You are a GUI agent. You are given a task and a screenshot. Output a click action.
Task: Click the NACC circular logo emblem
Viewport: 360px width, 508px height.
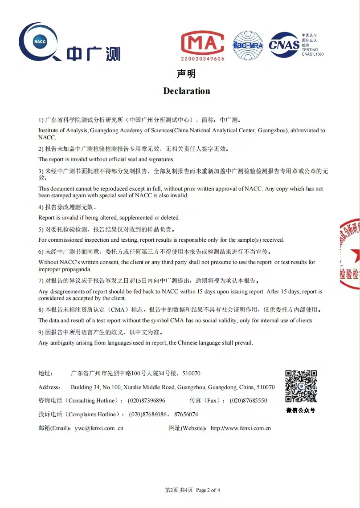coord(38,42)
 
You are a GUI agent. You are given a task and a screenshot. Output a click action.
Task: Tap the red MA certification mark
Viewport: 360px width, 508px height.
coord(203,43)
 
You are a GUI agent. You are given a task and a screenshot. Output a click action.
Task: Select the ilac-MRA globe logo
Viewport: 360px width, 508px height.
coord(248,45)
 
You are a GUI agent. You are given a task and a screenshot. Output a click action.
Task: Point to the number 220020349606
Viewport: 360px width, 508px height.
coord(203,59)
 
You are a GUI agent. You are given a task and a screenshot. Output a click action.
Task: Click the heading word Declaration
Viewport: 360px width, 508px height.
coord(187,91)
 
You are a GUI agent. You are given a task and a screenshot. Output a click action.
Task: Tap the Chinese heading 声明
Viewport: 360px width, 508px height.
coord(186,74)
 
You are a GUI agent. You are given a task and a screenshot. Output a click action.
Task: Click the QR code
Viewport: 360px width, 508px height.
coord(301,386)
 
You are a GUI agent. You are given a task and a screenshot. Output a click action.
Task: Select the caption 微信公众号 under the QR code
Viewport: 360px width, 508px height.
coord(301,410)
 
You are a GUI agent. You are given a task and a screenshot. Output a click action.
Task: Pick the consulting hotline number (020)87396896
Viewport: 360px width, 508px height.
coord(147,400)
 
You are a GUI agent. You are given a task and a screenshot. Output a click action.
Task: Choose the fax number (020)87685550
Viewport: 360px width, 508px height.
coord(249,400)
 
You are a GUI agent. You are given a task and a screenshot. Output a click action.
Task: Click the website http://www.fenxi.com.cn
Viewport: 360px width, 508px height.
coord(241,428)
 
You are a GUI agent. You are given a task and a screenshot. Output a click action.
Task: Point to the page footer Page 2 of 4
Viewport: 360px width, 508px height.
coord(208,490)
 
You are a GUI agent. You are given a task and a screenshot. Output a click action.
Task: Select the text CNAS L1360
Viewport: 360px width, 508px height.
coord(313,54)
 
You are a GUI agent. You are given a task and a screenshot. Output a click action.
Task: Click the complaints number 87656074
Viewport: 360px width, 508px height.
coord(186,414)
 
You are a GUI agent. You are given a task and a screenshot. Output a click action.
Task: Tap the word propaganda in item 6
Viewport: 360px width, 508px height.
coord(78,269)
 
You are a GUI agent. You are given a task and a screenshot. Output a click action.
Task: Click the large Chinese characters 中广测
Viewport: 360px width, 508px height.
coord(94,53)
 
